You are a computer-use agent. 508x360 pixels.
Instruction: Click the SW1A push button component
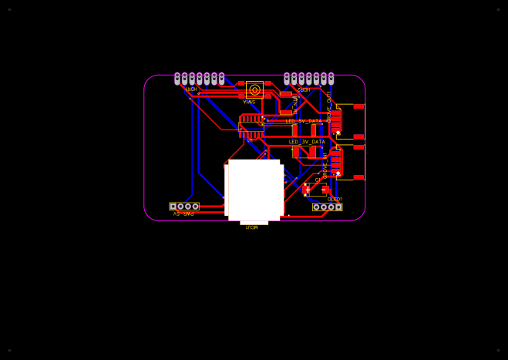coord(254,89)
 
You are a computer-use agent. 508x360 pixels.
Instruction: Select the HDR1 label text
coord(191,89)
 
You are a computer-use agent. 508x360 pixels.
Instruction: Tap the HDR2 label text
coord(304,89)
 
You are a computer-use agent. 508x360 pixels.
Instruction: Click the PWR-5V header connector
coord(184,206)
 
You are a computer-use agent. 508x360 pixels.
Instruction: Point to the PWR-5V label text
coord(183,214)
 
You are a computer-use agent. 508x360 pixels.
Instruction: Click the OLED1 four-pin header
coord(327,207)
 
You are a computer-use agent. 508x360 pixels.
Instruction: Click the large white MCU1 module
coord(254,190)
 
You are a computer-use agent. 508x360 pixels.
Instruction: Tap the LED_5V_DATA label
coord(304,121)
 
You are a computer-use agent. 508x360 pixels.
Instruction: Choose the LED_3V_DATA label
coord(307,142)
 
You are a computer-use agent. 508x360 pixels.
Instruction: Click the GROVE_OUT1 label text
coord(329,106)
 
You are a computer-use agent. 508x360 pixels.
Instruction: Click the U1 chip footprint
coord(251,127)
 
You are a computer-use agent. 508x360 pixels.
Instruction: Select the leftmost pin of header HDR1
coord(177,78)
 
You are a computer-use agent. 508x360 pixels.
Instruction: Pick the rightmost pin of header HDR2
coord(331,78)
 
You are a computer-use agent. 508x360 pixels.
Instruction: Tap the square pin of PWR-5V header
coord(173,206)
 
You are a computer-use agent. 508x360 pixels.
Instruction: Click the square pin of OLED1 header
coord(338,207)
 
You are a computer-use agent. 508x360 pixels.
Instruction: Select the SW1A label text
coord(250,102)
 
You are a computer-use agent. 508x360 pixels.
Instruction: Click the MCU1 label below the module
coord(251,227)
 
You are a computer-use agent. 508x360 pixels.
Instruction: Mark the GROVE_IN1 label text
coord(325,165)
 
